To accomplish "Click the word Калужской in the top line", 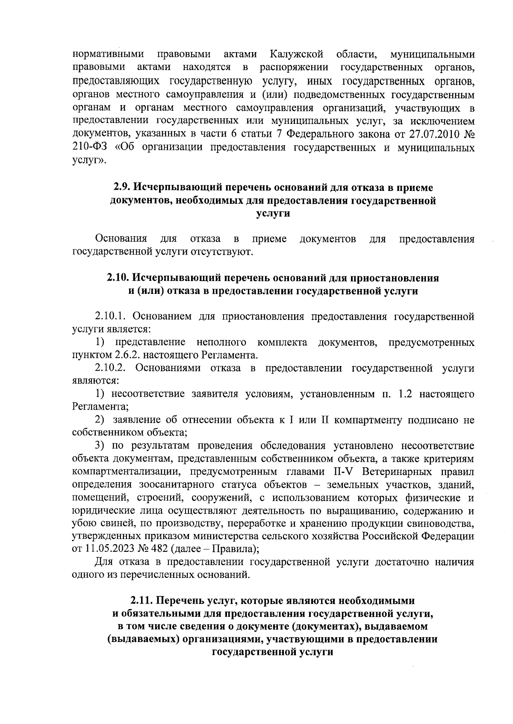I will click(295, 55).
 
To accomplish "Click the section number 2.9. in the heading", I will click(122, 188).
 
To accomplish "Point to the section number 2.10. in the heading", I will click(118, 278).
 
